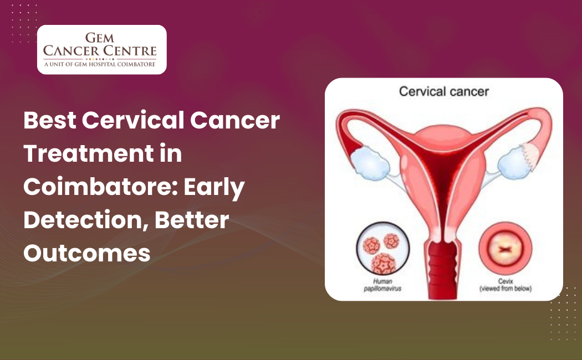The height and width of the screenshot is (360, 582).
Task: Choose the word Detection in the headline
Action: tap(81, 220)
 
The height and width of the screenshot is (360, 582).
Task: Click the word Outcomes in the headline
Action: tap(87, 253)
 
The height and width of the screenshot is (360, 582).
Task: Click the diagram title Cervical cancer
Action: tap(444, 91)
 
